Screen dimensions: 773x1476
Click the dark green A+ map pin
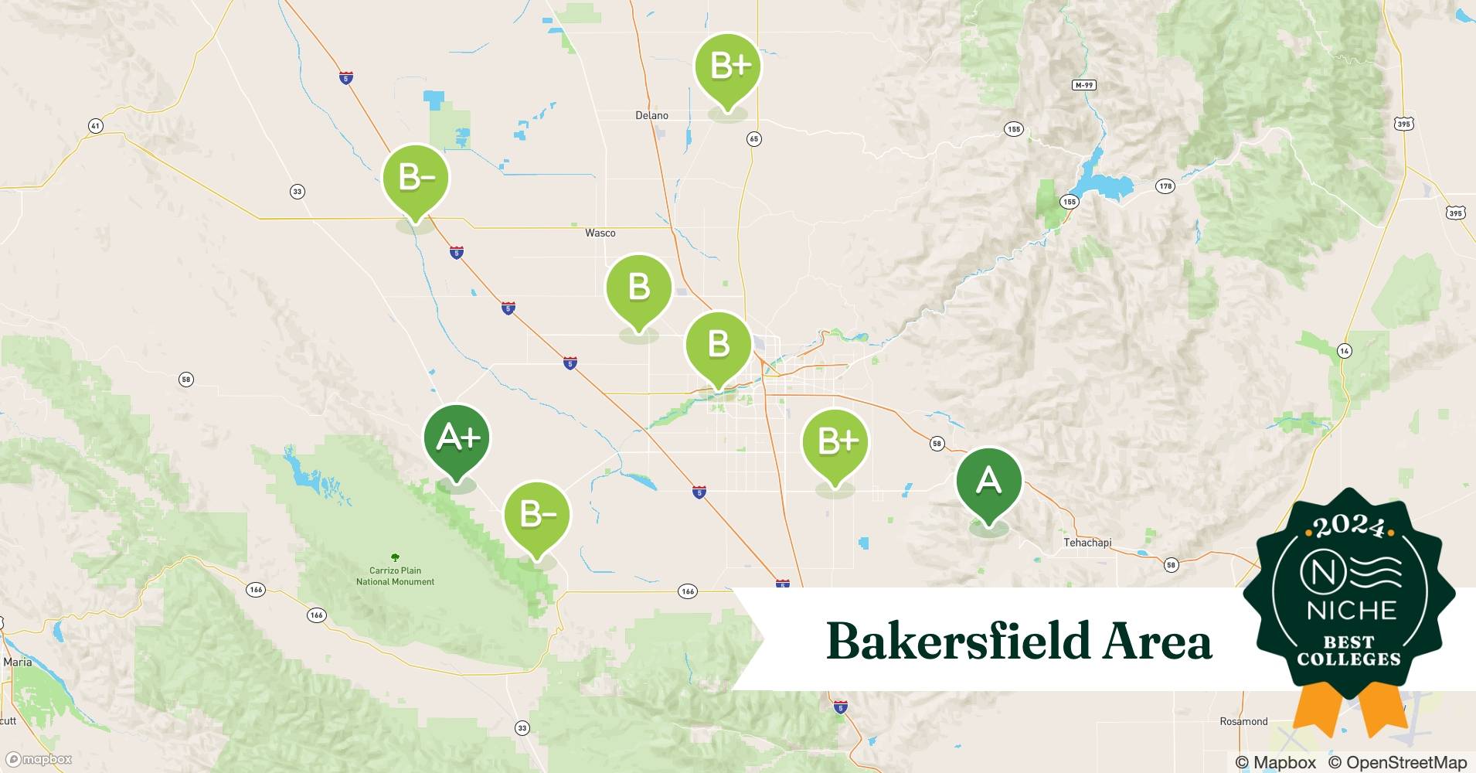457,439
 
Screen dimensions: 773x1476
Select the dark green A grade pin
988,482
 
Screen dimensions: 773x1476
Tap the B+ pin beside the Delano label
727,66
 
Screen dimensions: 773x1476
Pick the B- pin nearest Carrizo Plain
536,515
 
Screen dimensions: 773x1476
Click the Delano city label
651,115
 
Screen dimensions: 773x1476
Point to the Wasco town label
600,233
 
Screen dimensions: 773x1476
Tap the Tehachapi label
1087,543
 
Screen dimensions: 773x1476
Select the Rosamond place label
1243,721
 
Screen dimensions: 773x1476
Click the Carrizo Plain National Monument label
395,576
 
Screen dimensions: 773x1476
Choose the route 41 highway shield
95,125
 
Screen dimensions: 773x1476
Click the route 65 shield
754,138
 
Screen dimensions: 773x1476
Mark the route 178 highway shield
1165,186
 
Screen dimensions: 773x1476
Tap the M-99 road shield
1084,85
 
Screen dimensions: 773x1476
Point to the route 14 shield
1345,351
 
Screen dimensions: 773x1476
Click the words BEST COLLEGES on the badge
1348,651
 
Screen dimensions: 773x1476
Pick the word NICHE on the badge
1352,611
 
